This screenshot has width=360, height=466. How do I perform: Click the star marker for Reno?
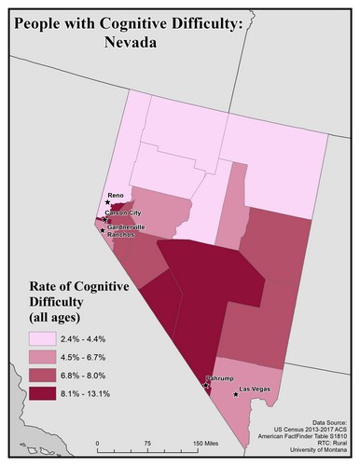[x=105, y=204]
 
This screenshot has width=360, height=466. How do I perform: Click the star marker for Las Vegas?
[x=236, y=395]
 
